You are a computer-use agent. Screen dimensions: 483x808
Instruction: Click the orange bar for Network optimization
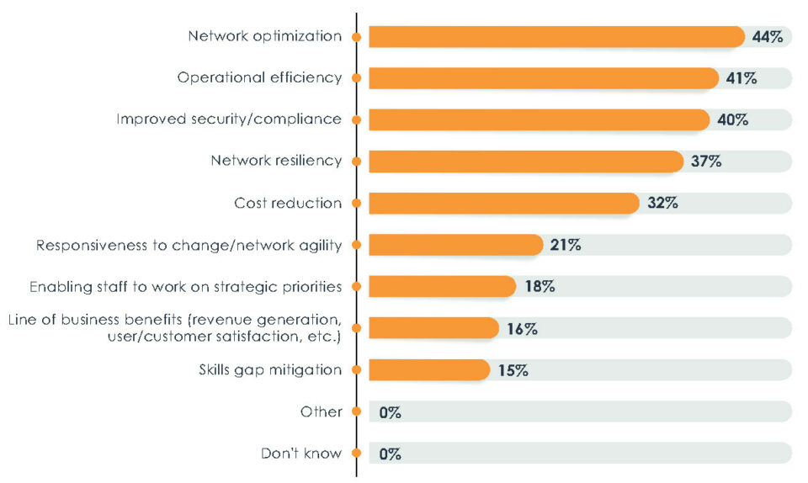pos(555,37)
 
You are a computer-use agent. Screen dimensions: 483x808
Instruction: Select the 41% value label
pos(741,78)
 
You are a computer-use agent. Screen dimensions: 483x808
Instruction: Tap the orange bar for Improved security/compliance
pos(539,119)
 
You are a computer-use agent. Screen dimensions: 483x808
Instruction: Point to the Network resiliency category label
pos(276,162)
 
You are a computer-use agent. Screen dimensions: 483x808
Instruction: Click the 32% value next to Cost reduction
pos(662,203)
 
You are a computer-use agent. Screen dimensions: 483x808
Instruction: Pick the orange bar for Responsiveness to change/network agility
pos(455,245)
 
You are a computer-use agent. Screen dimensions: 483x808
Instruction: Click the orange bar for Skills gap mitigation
pos(428,369)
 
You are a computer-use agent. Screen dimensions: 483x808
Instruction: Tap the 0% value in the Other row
pos(390,412)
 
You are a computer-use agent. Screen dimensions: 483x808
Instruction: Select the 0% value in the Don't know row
pos(390,454)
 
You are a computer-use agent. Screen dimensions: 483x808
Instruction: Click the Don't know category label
pos(301,454)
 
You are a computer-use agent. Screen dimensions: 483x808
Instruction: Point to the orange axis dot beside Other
pos(357,411)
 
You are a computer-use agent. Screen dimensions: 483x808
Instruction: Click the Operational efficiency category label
pos(259,77)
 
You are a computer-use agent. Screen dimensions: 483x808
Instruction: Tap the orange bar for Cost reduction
pos(503,203)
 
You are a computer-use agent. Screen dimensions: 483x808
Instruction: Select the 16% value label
pos(522,328)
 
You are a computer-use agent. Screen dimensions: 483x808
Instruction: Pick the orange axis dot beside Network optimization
pos(357,37)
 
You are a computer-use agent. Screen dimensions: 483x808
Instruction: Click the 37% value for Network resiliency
pos(705,162)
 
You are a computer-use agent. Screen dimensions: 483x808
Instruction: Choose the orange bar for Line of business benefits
pos(433,328)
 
